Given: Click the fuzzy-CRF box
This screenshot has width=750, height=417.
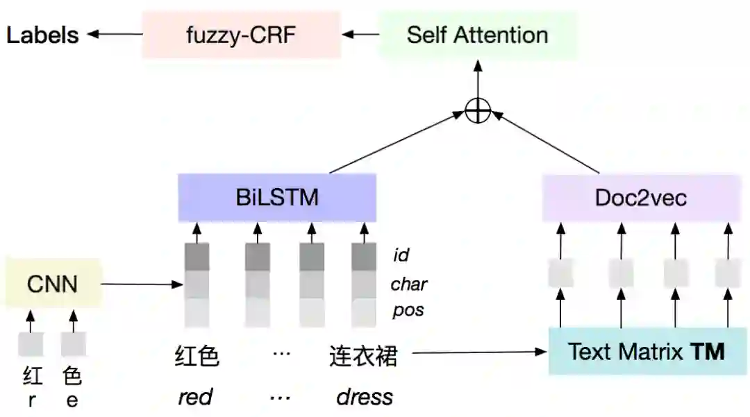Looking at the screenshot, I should pos(241,35).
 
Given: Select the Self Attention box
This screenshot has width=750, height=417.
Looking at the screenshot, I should pos(477,35).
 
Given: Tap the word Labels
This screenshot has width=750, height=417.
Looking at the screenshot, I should pos(42,35).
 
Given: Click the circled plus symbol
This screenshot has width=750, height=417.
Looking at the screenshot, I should pos(477,110).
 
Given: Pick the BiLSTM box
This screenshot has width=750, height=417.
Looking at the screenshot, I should pos(277,198).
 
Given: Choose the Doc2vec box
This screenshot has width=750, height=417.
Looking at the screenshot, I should pos(640,198).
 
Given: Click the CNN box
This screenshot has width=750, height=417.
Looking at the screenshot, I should pos(52,283).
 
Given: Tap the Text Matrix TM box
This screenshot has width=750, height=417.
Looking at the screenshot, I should pos(646,352).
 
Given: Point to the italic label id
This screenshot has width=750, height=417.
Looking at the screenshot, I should pos(401,255).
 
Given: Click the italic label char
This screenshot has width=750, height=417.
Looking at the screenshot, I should pos(408,284).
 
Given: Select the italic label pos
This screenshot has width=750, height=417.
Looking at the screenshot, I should pos(408,309).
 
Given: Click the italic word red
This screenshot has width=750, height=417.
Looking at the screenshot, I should pos(195,397).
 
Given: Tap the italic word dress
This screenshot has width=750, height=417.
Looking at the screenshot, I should pos(365,397).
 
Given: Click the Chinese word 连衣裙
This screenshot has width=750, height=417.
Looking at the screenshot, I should pos(363,357).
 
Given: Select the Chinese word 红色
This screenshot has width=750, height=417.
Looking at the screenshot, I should pos(197,357).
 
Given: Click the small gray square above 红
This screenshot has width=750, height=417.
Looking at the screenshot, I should pos(31,345).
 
